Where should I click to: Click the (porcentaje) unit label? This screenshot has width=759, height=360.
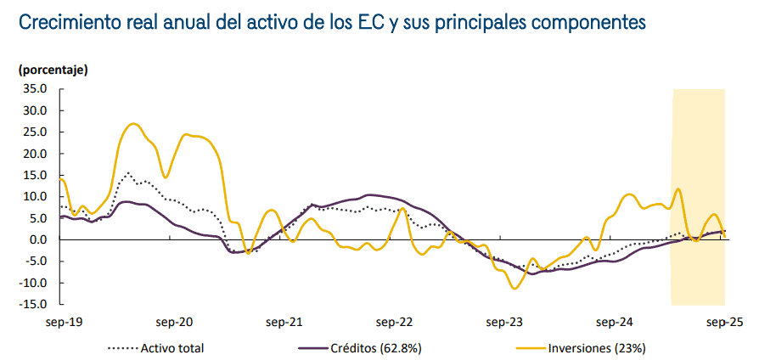[53, 69]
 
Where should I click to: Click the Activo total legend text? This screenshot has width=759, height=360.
[172, 347]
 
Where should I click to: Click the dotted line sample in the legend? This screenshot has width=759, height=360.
[122, 347]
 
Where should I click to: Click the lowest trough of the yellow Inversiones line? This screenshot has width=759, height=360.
[514, 289]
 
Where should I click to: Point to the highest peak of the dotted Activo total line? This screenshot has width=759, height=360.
[128, 173]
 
